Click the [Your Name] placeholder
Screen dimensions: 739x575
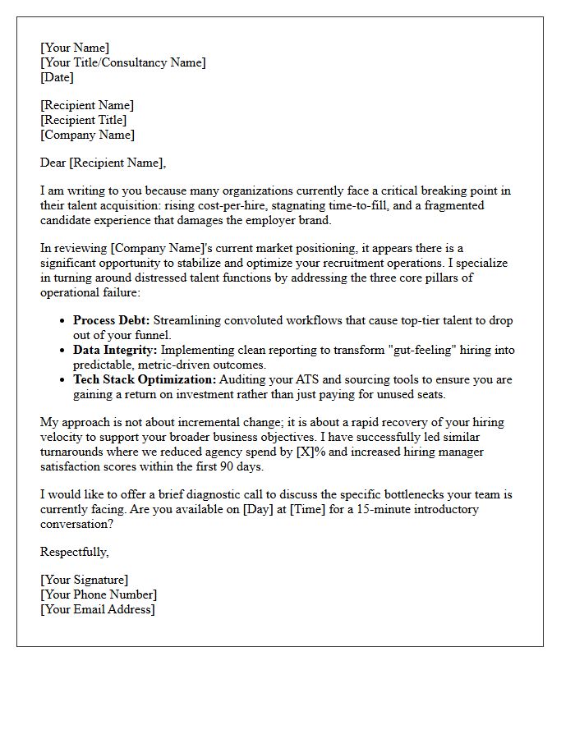click(75, 48)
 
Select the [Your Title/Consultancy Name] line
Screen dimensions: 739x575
click(123, 62)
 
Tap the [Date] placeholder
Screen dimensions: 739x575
click(57, 77)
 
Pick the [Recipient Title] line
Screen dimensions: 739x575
click(84, 120)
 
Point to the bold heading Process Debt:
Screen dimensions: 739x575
click(112, 320)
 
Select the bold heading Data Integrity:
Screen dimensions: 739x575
click(115, 350)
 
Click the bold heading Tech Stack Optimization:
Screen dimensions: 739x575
click(145, 379)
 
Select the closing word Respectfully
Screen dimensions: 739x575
click(74, 552)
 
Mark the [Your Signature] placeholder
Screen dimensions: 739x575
click(84, 580)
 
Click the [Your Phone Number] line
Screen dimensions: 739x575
click(99, 594)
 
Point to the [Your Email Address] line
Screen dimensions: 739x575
click(98, 609)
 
